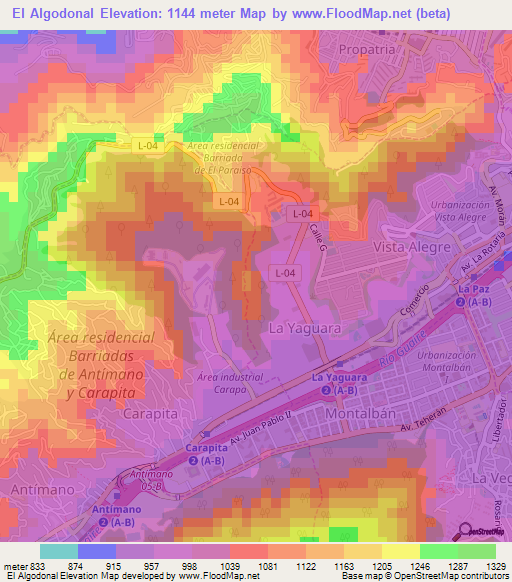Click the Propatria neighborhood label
(x=367, y=48)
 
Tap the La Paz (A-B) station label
(x=473, y=295)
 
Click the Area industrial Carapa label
(x=230, y=384)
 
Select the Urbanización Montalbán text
(x=446, y=362)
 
